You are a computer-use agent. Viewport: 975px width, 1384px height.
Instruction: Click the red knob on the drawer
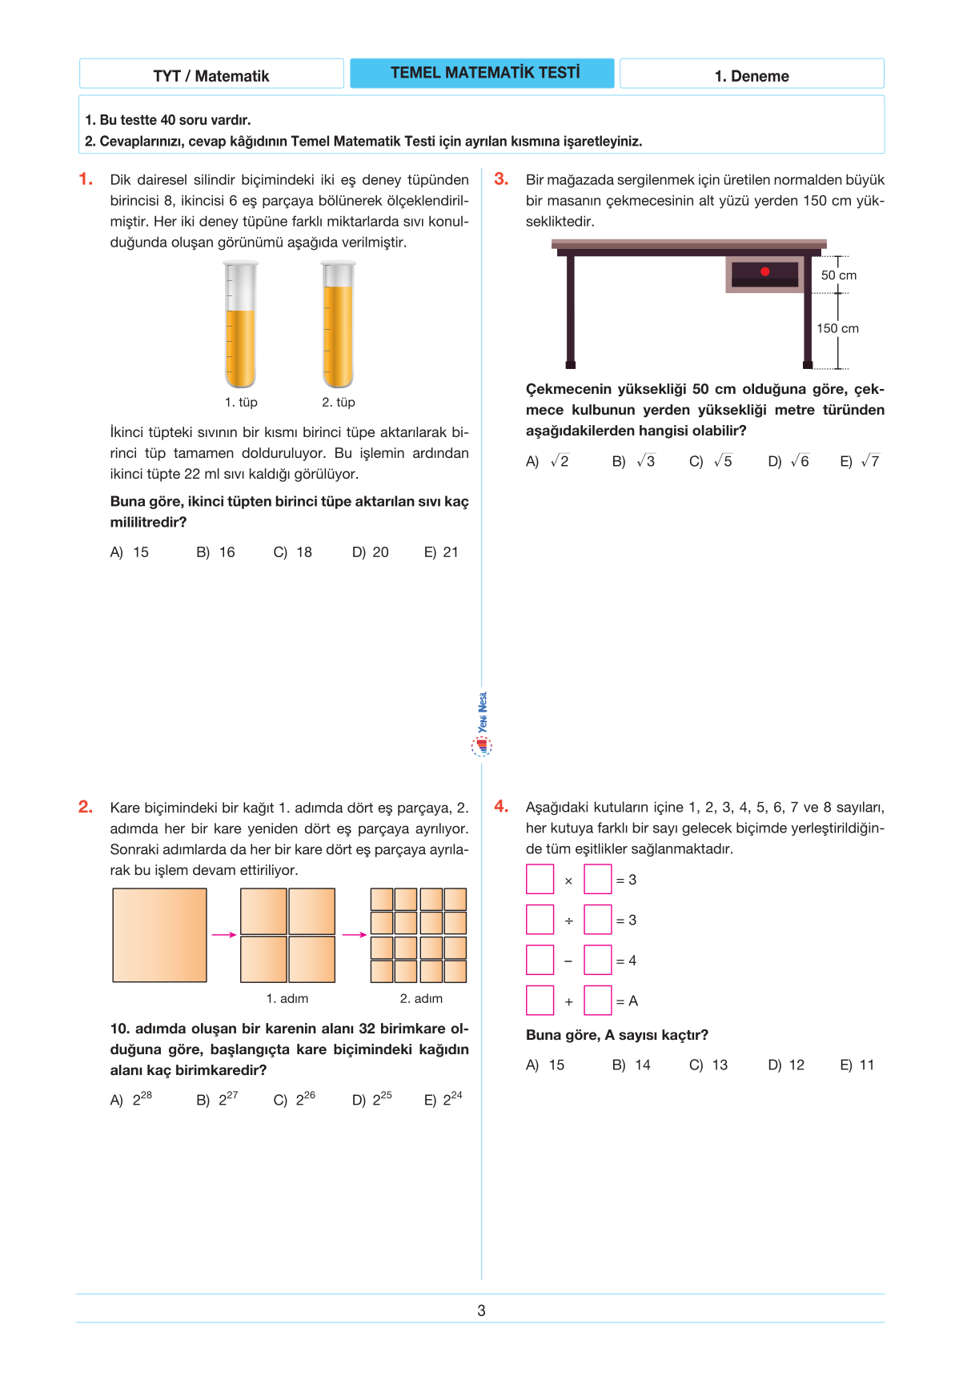click(765, 271)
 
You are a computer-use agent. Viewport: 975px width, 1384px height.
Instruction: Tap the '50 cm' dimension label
click(838, 275)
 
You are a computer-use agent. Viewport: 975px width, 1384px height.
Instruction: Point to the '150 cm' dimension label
click(837, 328)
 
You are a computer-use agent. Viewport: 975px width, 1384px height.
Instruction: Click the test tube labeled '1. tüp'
click(240, 324)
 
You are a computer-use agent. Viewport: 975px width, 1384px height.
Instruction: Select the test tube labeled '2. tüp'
click(338, 324)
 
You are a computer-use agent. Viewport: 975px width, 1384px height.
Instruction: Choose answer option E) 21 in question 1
click(441, 552)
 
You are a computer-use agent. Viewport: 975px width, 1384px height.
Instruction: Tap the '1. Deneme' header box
click(752, 76)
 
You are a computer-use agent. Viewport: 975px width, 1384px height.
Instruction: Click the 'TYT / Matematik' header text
click(211, 76)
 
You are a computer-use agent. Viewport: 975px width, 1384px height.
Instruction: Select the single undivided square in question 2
click(159, 935)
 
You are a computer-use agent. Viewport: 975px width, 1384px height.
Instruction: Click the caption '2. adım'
click(421, 998)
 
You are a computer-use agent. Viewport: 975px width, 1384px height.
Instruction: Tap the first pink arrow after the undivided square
click(223, 935)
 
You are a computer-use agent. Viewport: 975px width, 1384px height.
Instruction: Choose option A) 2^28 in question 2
click(131, 1099)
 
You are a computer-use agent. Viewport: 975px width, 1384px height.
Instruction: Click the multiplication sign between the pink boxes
click(568, 881)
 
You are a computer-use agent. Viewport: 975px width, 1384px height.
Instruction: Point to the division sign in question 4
click(568, 921)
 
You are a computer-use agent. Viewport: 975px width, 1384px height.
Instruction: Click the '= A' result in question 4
click(627, 1001)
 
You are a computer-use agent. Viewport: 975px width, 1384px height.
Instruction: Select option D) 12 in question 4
click(786, 1065)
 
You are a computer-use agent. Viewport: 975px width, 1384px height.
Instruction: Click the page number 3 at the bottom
click(481, 1310)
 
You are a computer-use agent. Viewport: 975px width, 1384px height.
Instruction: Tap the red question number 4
click(501, 807)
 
